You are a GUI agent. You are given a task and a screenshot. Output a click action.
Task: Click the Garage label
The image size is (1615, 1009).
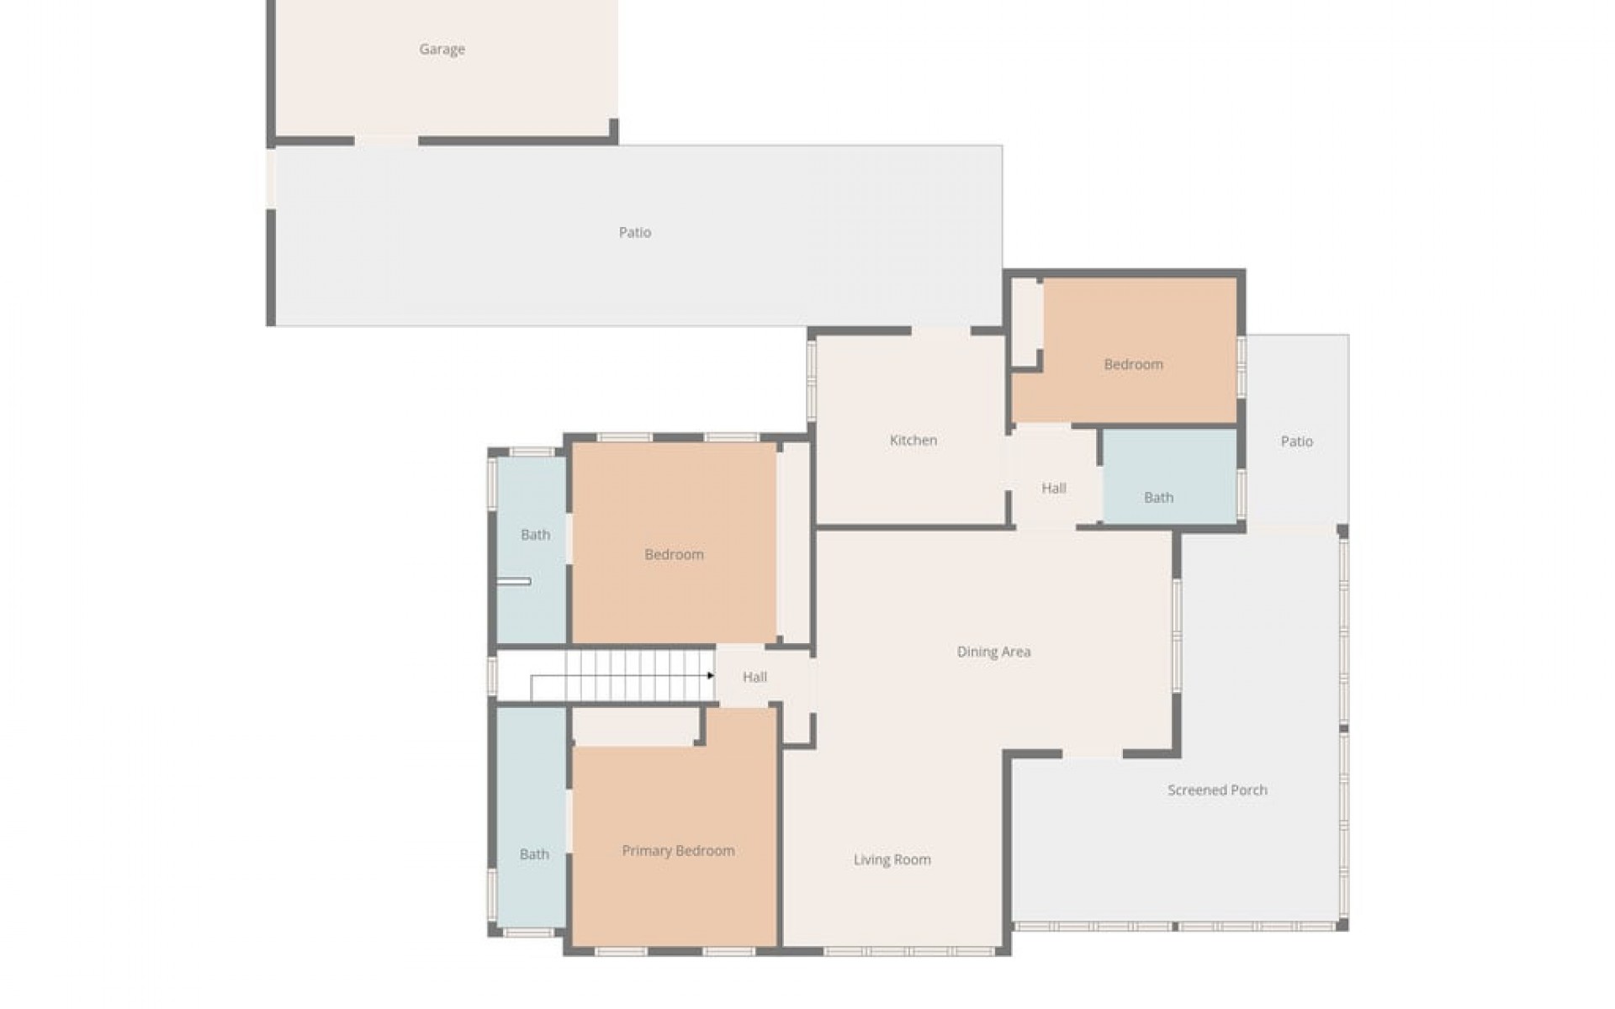tap(442, 50)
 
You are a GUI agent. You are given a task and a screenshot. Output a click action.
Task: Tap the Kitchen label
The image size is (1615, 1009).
tap(913, 440)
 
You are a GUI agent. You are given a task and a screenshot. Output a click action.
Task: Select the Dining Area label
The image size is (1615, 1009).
tap(993, 652)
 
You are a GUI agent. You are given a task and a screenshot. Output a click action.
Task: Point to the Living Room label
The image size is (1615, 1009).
tap(892, 859)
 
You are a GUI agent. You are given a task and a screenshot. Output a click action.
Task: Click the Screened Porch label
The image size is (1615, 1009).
tap(1217, 790)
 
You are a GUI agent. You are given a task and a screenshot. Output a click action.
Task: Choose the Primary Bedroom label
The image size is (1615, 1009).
tap(678, 851)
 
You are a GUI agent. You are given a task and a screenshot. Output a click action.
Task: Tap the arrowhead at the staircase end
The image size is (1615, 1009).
tap(711, 675)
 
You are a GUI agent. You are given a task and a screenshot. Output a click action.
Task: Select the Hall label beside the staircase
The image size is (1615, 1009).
tap(755, 677)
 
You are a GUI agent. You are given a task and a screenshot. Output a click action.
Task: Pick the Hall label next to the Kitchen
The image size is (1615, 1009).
tap(1053, 488)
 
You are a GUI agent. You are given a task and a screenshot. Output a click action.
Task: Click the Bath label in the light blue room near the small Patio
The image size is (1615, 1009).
tap(1158, 498)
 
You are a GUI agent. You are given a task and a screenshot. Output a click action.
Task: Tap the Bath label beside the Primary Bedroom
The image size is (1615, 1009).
tap(534, 854)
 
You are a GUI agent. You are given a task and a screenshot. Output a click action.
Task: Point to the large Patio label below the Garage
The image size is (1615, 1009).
tap(635, 232)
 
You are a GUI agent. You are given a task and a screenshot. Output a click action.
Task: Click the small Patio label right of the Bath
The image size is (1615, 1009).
tap(1296, 441)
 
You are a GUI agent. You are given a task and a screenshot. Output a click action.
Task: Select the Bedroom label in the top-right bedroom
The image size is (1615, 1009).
tap(1133, 364)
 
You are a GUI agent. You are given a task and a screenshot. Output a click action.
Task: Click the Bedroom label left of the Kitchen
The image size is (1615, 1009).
tap(674, 554)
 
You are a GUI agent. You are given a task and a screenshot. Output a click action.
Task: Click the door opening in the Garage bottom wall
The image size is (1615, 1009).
tap(386, 140)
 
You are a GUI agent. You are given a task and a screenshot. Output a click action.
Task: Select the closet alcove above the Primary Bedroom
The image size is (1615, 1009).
tap(635, 726)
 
